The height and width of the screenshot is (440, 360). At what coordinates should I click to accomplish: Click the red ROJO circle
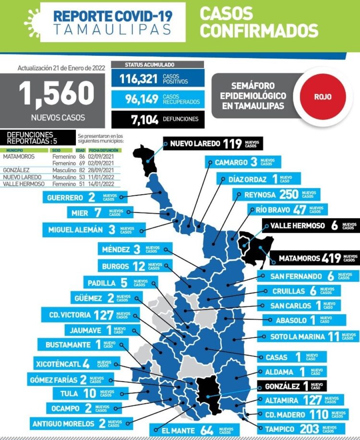[323, 96]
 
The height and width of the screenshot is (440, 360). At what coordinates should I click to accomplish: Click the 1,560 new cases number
[57, 94]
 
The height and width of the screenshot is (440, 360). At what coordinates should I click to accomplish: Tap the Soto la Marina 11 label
[307, 336]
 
